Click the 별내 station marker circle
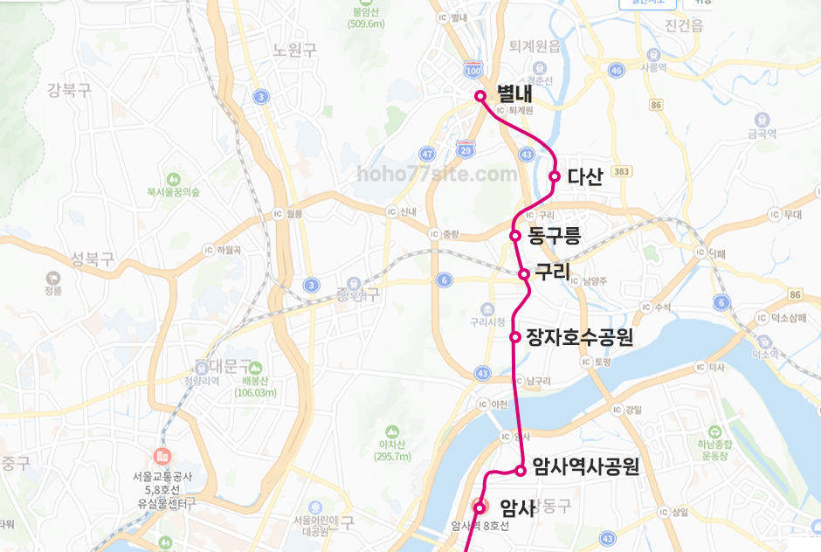tap(479, 95)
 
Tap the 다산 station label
tap(584, 176)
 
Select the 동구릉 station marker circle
tap(515, 235)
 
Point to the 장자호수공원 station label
tap(580, 336)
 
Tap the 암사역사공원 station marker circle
tap(521, 471)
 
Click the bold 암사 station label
tap(517, 507)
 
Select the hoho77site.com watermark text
tap(437, 174)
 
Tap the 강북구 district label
tap(69, 89)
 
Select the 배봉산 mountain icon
tap(254, 368)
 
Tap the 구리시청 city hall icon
tap(488, 308)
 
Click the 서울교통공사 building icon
tap(162, 456)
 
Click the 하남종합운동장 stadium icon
tap(715, 431)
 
